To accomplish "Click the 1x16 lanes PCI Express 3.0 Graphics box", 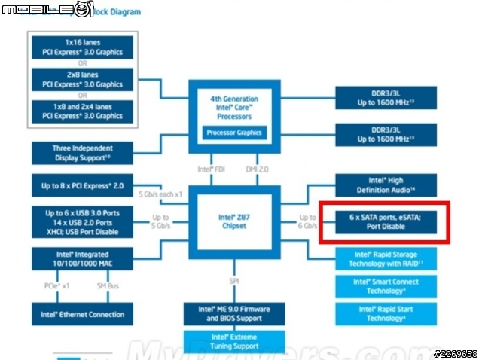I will (82, 47).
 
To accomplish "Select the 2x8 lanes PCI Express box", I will (82, 79).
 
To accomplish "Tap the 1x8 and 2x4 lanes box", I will (82, 111).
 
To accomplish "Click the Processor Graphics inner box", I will (235, 133).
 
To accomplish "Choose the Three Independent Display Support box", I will (82, 153).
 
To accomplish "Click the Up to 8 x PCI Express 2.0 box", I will (82, 185).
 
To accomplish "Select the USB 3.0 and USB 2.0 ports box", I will (82, 224).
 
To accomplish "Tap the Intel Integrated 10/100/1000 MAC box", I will (82, 261).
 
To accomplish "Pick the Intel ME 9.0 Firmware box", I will (235, 313).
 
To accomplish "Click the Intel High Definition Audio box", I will (386, 185).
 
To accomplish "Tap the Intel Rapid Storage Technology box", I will (386, 259).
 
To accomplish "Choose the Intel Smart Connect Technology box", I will (386, 285).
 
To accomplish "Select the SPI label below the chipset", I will (234, 281).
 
